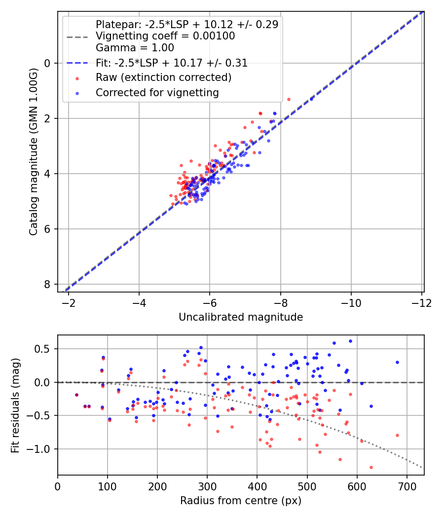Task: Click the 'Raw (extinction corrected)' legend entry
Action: tap(163, 77)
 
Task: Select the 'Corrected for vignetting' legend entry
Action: tap(157, 92)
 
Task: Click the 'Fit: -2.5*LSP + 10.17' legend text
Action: tap(171, 63)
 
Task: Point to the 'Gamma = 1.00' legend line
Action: tap(135, 48)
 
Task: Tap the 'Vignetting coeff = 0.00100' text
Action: tap(165, 36)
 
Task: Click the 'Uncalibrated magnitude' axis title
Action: tap(241, 317)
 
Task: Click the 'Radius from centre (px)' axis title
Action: tap(241, 501)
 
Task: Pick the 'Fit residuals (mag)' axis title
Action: tap(15, 405)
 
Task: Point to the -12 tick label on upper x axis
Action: tap(421, 302)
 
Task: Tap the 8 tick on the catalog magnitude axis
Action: tap(47, 284)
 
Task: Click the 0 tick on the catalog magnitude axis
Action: tap(47, 63)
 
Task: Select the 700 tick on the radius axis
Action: tap(407, 485)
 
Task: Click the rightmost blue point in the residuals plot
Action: tap(397, 362)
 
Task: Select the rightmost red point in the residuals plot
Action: tap(397, 435)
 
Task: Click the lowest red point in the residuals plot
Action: tap(371, 467)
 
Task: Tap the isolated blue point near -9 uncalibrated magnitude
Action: tap(311, 99)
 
